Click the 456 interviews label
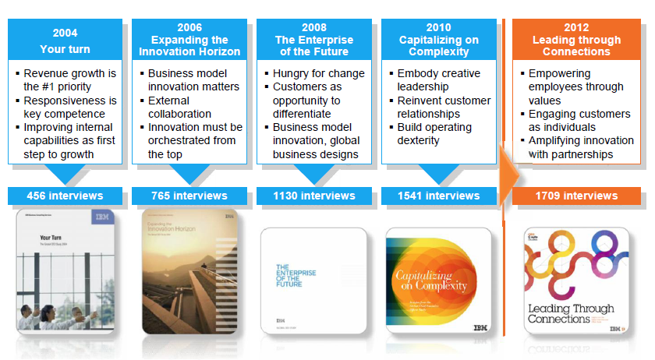65,196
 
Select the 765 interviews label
189,196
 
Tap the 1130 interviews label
313,196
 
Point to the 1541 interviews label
438,196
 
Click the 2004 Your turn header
65,41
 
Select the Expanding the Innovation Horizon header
189,41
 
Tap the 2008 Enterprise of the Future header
313,41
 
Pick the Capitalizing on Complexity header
438,41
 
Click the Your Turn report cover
65,273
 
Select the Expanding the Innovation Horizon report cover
189,273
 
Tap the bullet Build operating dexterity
441,134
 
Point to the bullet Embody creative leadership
441,80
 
